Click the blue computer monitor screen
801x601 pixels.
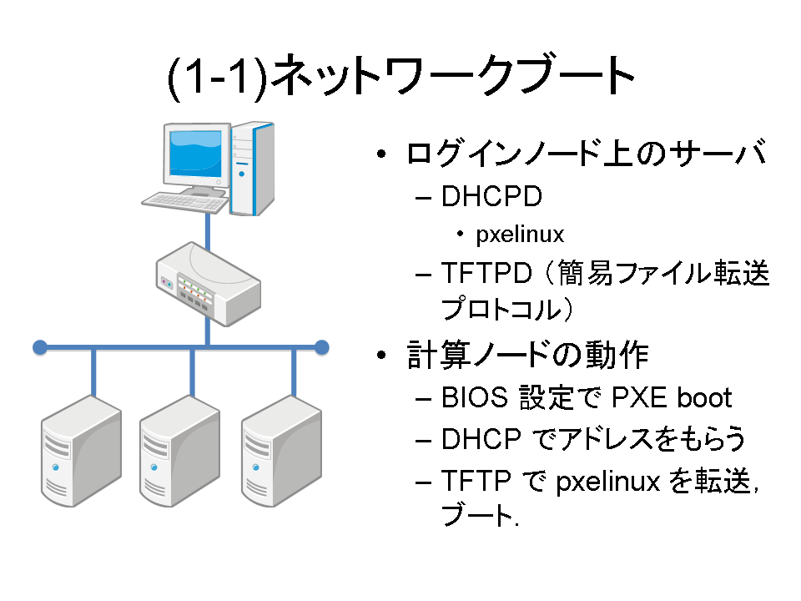(x=195, y=152)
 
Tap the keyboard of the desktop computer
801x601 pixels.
(x=185, y=202)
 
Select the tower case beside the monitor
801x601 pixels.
(x=252, y=168)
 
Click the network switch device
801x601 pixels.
(x=209, y=284)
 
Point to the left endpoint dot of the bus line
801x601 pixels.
(x=40, y=347)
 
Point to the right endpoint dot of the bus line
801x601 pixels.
(x=322, y=347)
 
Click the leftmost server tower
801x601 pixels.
(x=81, y=451)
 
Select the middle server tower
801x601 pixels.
(x=180, y=451)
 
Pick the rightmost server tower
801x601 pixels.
(x=281, y=451)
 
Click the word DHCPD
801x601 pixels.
(x=491, y=196)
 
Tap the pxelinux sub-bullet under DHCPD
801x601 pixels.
(x=520, y=235)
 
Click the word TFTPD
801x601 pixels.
(x=486, y=272)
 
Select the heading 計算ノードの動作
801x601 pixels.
(x=527, y=354)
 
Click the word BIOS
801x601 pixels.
(x=475, y=397)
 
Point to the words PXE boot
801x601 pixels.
(x=671, y=397)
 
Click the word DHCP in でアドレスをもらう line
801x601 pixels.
(x=481, y=439)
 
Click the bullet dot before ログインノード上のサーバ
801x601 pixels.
(x=381, y=154)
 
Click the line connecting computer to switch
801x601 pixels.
(x=208, y=231)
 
